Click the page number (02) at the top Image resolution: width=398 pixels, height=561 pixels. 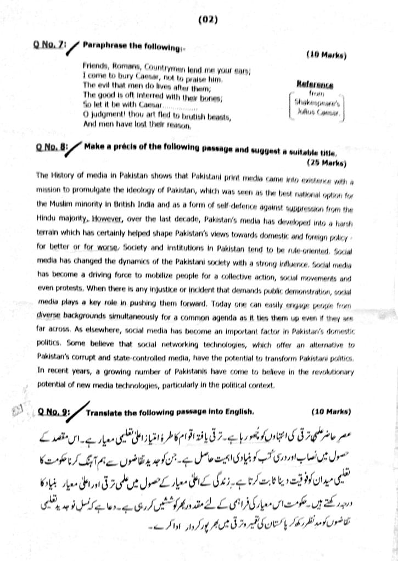pos(209,20)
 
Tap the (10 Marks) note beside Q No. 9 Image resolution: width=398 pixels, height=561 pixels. pos(331,411)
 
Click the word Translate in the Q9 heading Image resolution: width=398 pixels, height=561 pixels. pos(103,411)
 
